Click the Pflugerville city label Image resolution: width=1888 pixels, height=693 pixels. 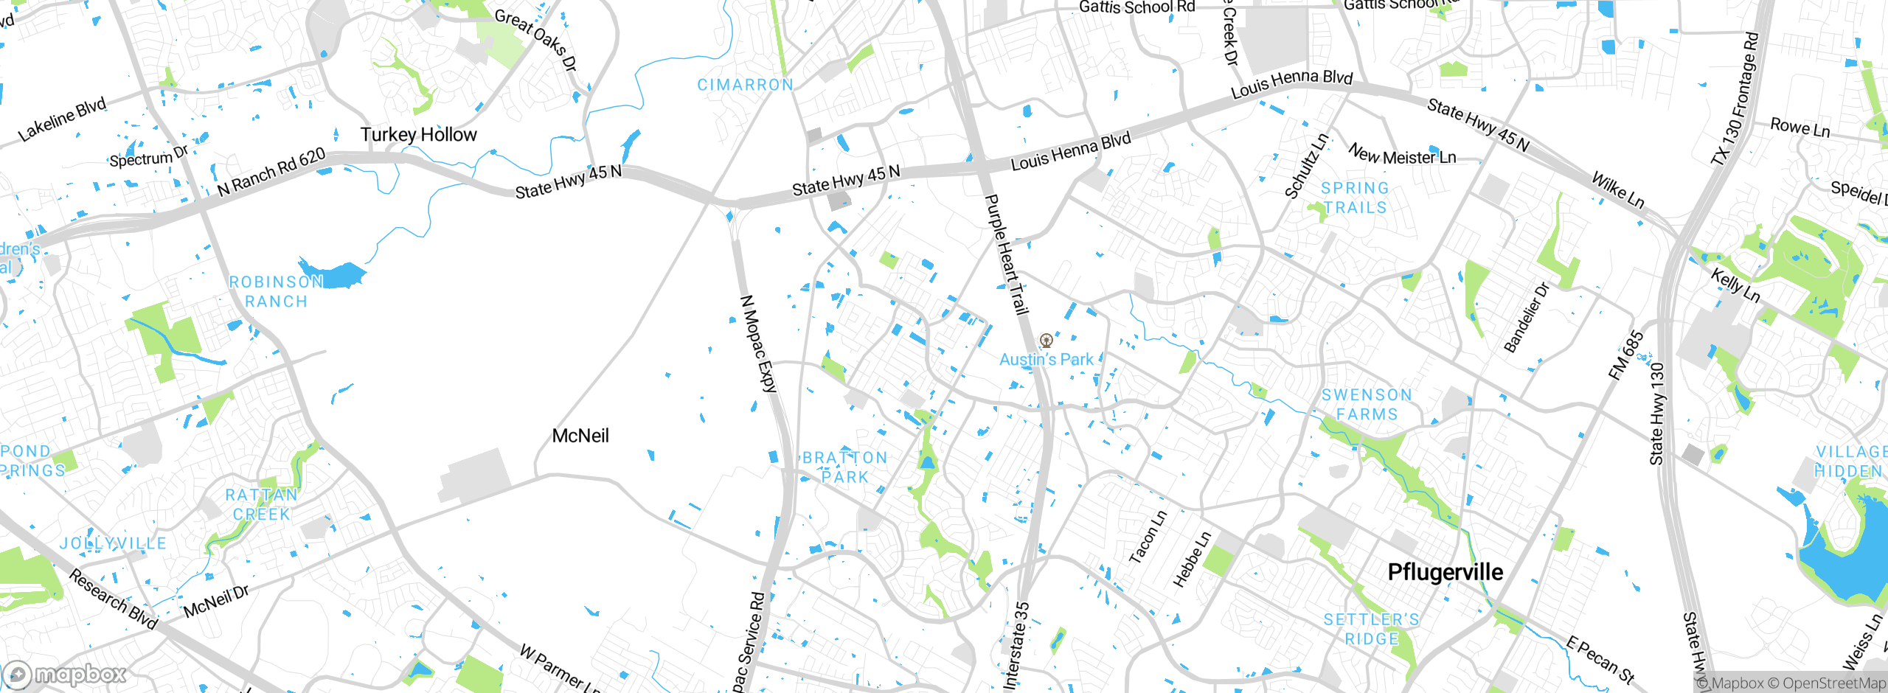1445,572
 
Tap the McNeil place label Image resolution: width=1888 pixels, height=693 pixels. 580,436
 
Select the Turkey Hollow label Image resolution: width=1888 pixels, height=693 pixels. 418,134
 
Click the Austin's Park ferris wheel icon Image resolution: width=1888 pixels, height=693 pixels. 1046,341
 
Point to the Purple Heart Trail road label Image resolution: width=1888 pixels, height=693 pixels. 1007,254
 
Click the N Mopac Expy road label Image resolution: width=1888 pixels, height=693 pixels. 759,344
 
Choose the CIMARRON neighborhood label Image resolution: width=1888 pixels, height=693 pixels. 745,85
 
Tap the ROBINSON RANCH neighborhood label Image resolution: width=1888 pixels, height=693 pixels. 276,291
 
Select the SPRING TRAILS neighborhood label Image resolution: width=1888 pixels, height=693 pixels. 1355,198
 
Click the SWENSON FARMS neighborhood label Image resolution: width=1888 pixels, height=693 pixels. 1367,405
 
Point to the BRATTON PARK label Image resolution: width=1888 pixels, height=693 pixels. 844,467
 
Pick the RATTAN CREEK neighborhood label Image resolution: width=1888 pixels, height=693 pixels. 262,504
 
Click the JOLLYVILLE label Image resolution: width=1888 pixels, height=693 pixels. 113,543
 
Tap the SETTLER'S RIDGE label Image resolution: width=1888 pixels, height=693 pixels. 1371,629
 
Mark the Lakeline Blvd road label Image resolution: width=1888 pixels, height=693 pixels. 63,119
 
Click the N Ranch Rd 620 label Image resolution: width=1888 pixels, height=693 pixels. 271,172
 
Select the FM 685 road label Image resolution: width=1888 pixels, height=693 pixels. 1625,355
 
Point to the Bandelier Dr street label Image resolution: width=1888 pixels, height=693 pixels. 1526,317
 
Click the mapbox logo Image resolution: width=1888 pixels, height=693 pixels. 65,675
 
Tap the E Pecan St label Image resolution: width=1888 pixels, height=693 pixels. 1600,660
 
